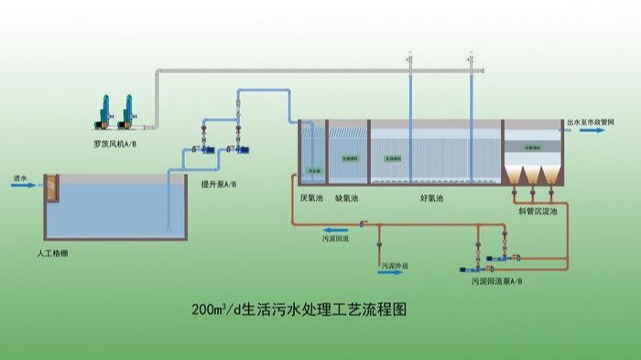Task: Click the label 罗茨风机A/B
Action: coord(115,144)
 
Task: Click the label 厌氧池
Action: coord(310,197)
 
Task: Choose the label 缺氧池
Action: coord(346,197)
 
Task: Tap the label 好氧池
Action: coord(431,198)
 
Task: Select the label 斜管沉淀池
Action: coord(537,209)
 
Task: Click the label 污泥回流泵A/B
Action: coord(497,281)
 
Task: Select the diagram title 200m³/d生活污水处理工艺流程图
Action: coord(299,310)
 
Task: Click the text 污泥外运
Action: coord(397,265)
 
